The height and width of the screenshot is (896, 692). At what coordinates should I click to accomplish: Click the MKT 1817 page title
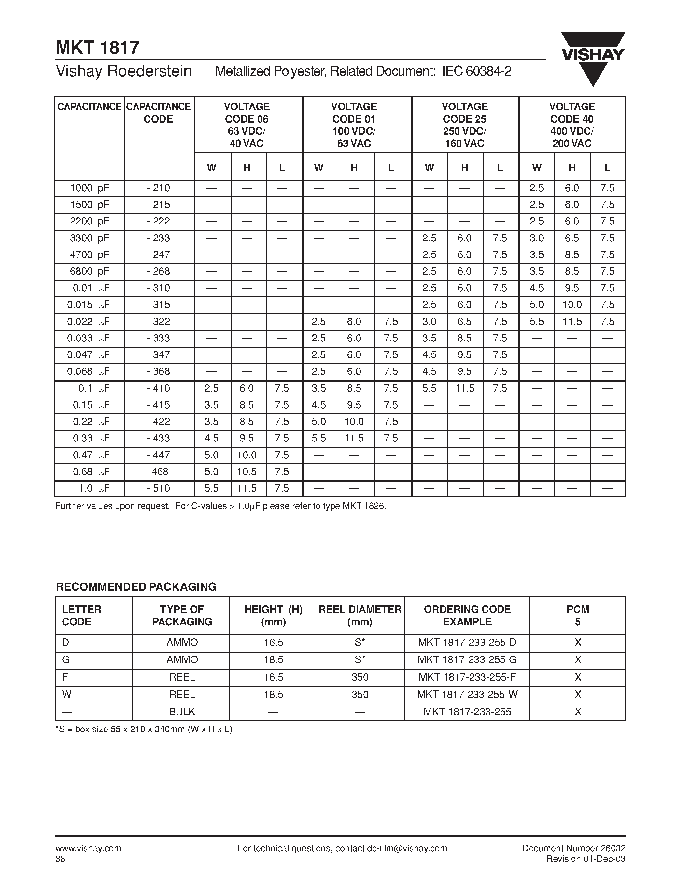(98, 48)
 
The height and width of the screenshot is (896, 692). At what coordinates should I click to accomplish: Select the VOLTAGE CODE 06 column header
(247, 125)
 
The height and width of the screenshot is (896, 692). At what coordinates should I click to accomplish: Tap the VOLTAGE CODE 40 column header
(572, 125)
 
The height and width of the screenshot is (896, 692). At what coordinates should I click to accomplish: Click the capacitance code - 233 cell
(159, 238)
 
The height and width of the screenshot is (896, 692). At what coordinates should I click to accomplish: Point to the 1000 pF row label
(89, 188)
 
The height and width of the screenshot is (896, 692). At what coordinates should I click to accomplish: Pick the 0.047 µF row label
(89, 355)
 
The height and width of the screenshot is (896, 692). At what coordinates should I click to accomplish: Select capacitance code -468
(158, 472)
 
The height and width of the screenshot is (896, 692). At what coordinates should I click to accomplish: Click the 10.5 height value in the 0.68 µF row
(247, 472)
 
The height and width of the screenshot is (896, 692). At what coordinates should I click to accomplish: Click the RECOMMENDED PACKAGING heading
(136, 587)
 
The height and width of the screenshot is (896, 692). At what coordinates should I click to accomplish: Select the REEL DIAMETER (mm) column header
(360, 615)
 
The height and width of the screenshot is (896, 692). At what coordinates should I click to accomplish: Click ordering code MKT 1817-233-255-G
(467, 660)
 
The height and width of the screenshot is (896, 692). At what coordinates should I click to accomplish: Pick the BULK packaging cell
(182, 712)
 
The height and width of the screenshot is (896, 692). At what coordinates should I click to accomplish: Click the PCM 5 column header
(578, 615)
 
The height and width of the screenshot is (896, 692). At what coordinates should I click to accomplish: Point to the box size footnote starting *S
(144, 730)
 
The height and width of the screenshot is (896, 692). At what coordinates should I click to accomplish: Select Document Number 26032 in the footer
(573, 848)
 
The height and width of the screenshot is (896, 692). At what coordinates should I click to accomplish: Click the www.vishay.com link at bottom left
(88, 848)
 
